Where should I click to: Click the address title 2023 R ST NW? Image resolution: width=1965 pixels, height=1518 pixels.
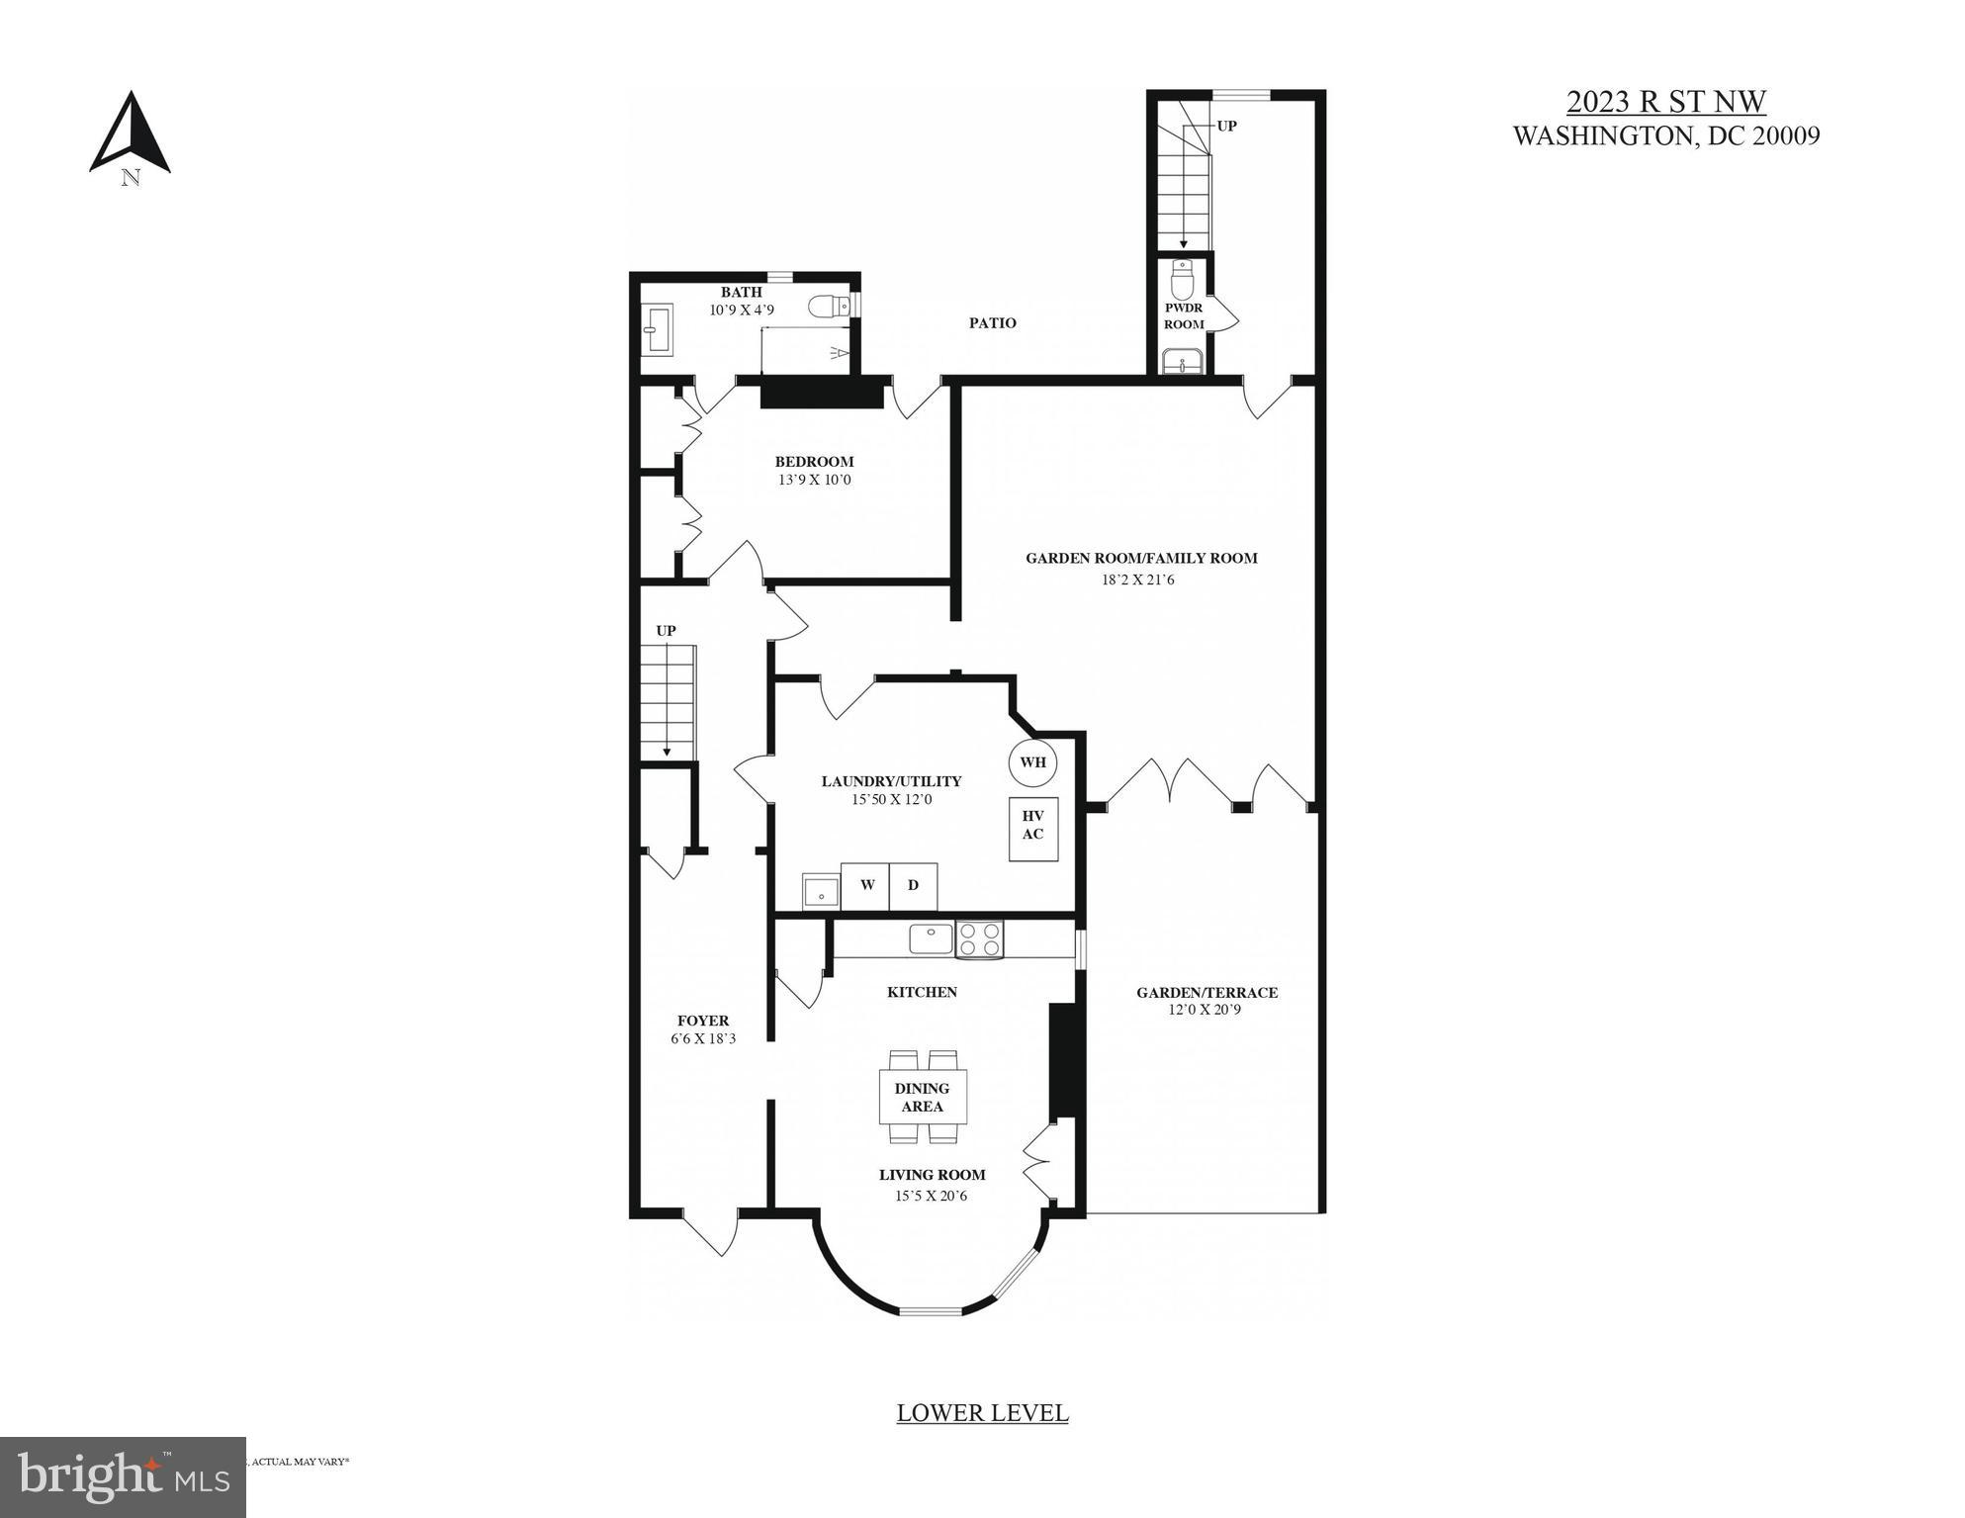point(1665,102)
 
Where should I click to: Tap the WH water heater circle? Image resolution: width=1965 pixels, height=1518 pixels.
point(1032,761)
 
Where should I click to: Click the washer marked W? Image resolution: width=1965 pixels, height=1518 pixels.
point(866,885)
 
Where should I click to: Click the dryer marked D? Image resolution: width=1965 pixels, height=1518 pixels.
point(913,885)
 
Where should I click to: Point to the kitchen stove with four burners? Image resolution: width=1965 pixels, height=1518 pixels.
point(979,938)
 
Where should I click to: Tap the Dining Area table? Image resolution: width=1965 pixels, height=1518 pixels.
point(922,1097)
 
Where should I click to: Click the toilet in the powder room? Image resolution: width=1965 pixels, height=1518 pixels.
point(1182,281)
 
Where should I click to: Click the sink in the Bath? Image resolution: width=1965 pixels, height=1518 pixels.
point(657,329)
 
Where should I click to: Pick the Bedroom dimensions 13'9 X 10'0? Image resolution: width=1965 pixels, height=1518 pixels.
point(814,481)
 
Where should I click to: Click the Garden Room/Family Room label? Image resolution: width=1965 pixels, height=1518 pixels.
point(1141,558)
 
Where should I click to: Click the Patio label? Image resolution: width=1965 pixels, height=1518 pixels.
point(992,322)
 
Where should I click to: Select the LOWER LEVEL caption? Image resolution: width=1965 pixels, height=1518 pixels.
point(982,1413)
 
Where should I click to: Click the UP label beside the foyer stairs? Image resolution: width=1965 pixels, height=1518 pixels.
point(666,631)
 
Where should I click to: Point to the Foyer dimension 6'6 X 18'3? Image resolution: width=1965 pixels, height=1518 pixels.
point(702,1039)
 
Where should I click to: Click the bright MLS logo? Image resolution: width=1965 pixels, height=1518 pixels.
point(123,1475)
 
